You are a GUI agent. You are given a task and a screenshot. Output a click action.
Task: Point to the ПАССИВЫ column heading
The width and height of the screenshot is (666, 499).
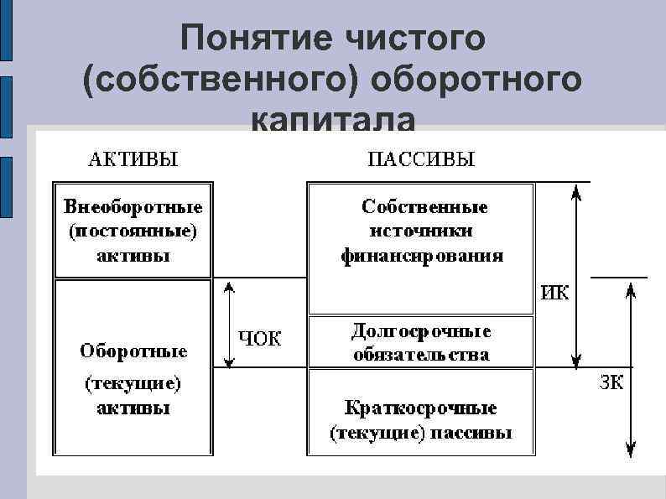tap(421, 158)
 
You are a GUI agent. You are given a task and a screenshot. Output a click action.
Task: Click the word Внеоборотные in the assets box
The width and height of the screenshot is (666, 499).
tap(133, 206)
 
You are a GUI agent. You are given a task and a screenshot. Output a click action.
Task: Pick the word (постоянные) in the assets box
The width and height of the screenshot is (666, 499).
tap(133, 230)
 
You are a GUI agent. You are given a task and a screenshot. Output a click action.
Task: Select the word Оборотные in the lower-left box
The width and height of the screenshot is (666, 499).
tap(133, 351)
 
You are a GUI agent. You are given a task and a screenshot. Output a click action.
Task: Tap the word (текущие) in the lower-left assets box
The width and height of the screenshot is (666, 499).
tap(133, 384)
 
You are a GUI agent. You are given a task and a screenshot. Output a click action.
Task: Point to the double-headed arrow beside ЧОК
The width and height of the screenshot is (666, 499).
tap(226, 324)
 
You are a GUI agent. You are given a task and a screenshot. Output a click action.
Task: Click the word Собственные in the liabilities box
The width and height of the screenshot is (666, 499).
tap(424, 205)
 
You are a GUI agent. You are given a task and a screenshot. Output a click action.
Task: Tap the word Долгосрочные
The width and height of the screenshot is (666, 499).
tap(421, 331)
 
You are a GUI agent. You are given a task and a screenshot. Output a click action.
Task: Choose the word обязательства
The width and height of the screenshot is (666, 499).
tap(421, 355)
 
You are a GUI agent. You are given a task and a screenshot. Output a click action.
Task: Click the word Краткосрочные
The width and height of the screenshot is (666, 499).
tap(421, 408)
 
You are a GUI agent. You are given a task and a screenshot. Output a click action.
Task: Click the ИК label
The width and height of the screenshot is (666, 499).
tap(555, 294)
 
